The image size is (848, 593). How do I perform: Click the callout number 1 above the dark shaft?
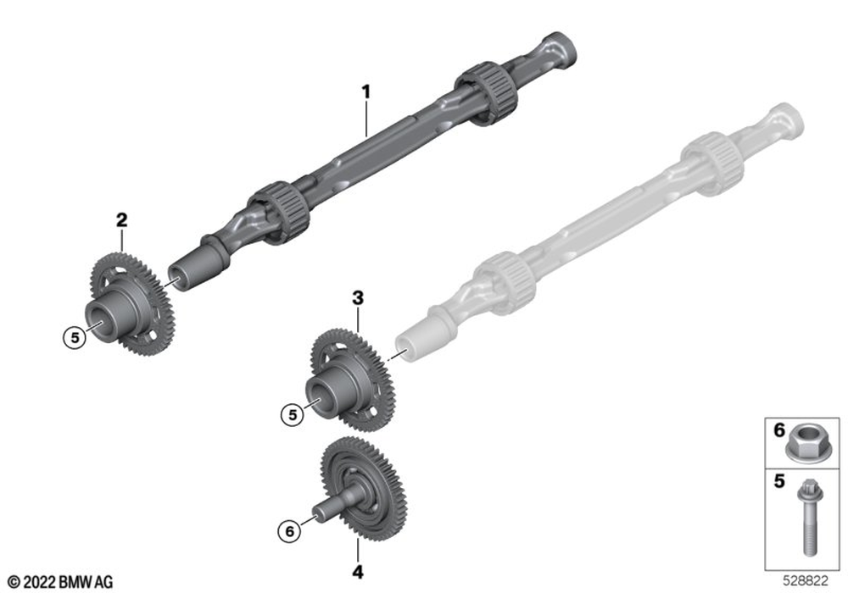point(366,91)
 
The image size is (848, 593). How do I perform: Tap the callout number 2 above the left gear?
point(121,219)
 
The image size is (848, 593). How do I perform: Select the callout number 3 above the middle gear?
point(358,297)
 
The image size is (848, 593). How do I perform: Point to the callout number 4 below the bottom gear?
point(358,571)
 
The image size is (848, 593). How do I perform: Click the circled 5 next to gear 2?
point(75,337)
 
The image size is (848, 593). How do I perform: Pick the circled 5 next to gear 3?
point(293,415)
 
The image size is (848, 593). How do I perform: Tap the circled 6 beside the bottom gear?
point(290,531)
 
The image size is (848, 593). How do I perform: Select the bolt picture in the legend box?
point(810,517)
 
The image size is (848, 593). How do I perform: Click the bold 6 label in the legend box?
point(778,430)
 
